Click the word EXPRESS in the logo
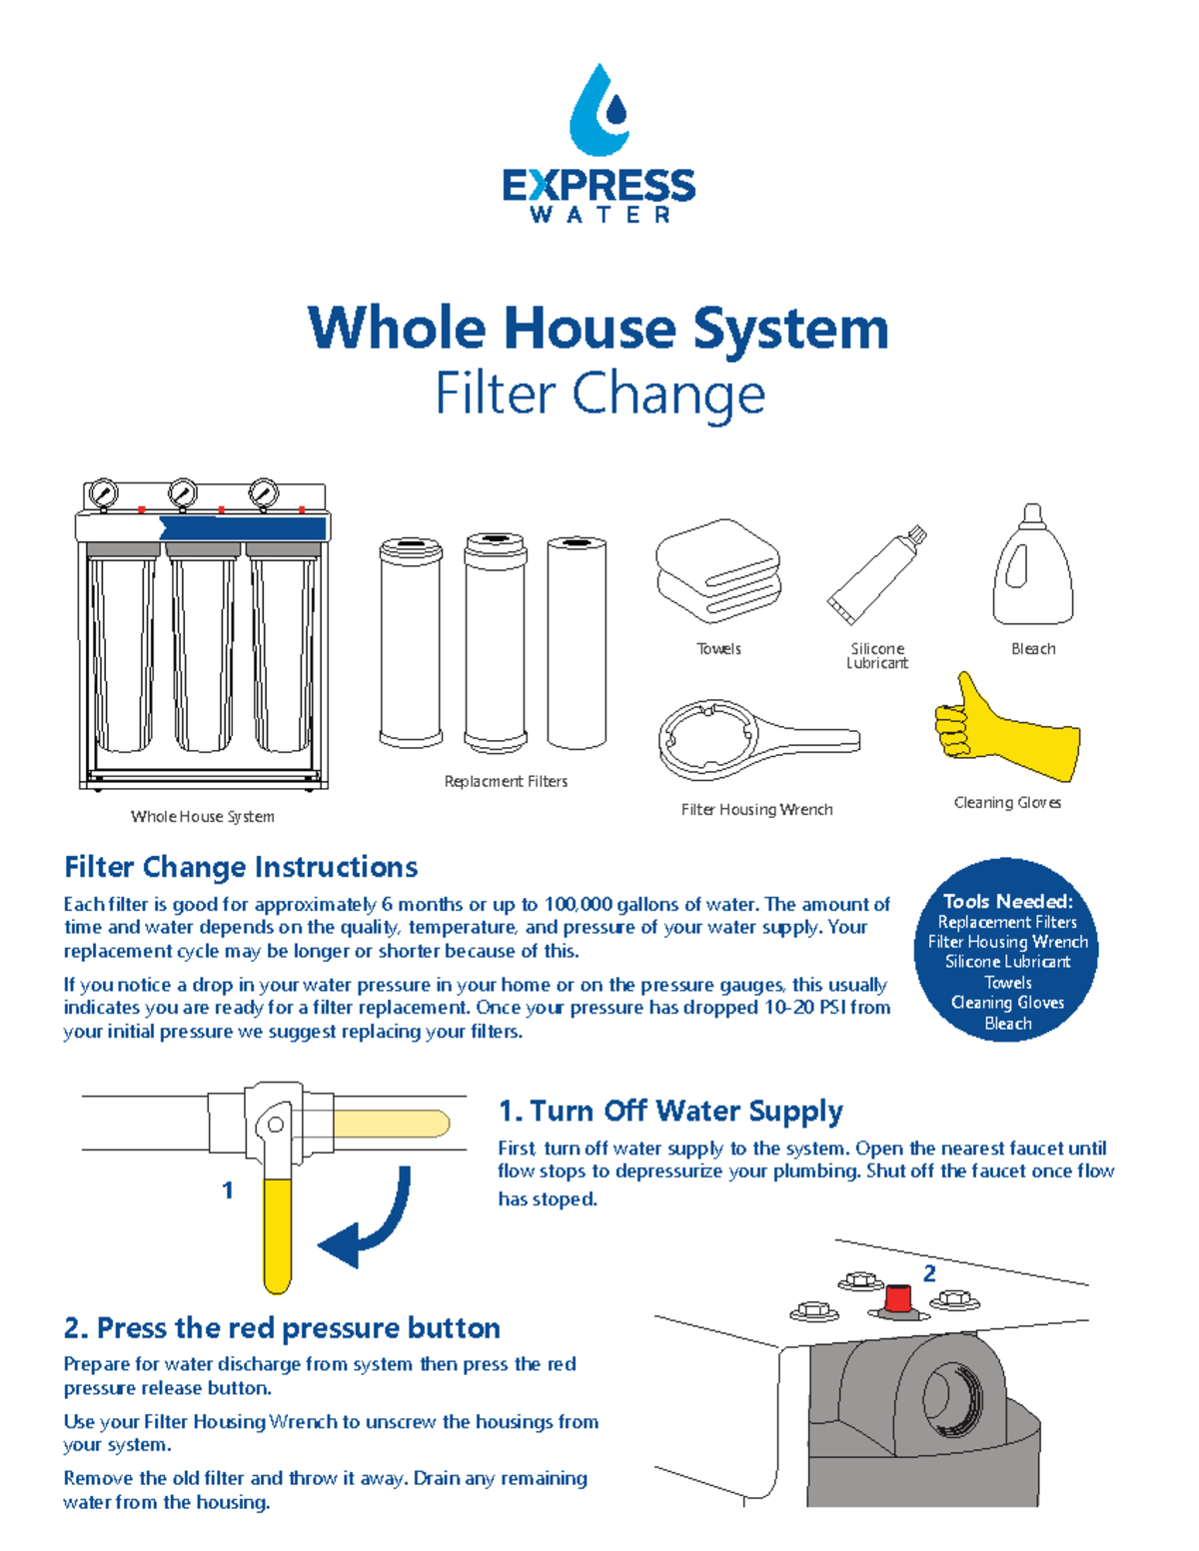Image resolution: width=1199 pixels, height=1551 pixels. coord(599,186)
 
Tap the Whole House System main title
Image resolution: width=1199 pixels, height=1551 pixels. coord(599,329)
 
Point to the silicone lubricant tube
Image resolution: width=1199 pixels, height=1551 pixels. coord(876,576)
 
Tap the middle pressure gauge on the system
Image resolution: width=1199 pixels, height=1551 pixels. coord(182,493)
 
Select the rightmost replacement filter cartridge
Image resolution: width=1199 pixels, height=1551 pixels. coord(577,642)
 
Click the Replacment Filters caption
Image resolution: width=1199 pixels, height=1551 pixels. coord(506,781)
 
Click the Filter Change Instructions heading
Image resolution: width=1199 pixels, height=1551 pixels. coord(241,867)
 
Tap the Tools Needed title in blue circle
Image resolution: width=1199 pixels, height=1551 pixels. coord(1007,901)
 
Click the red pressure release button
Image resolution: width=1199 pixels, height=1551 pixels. coord(898,1298)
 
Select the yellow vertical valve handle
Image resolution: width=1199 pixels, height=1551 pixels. coord(277,1232)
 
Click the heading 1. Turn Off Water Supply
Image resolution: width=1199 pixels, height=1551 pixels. coord(670,1112)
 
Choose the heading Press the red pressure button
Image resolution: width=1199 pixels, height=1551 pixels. coord(282,1328)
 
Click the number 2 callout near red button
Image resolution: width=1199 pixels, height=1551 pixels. coord(929,1273)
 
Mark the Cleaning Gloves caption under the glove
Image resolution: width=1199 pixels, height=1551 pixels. coord(1007,803)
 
